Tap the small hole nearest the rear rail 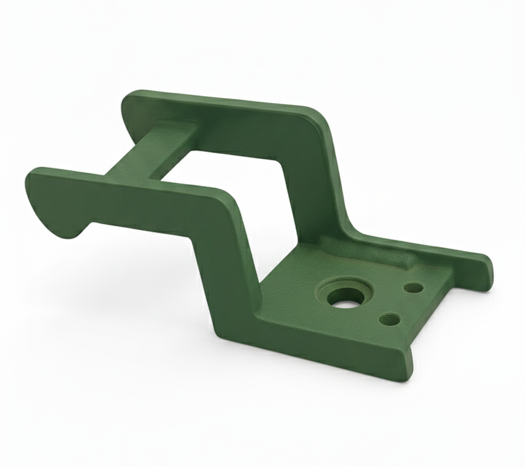(x=413, y=288)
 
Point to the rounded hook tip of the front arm (x=69, y=231)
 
